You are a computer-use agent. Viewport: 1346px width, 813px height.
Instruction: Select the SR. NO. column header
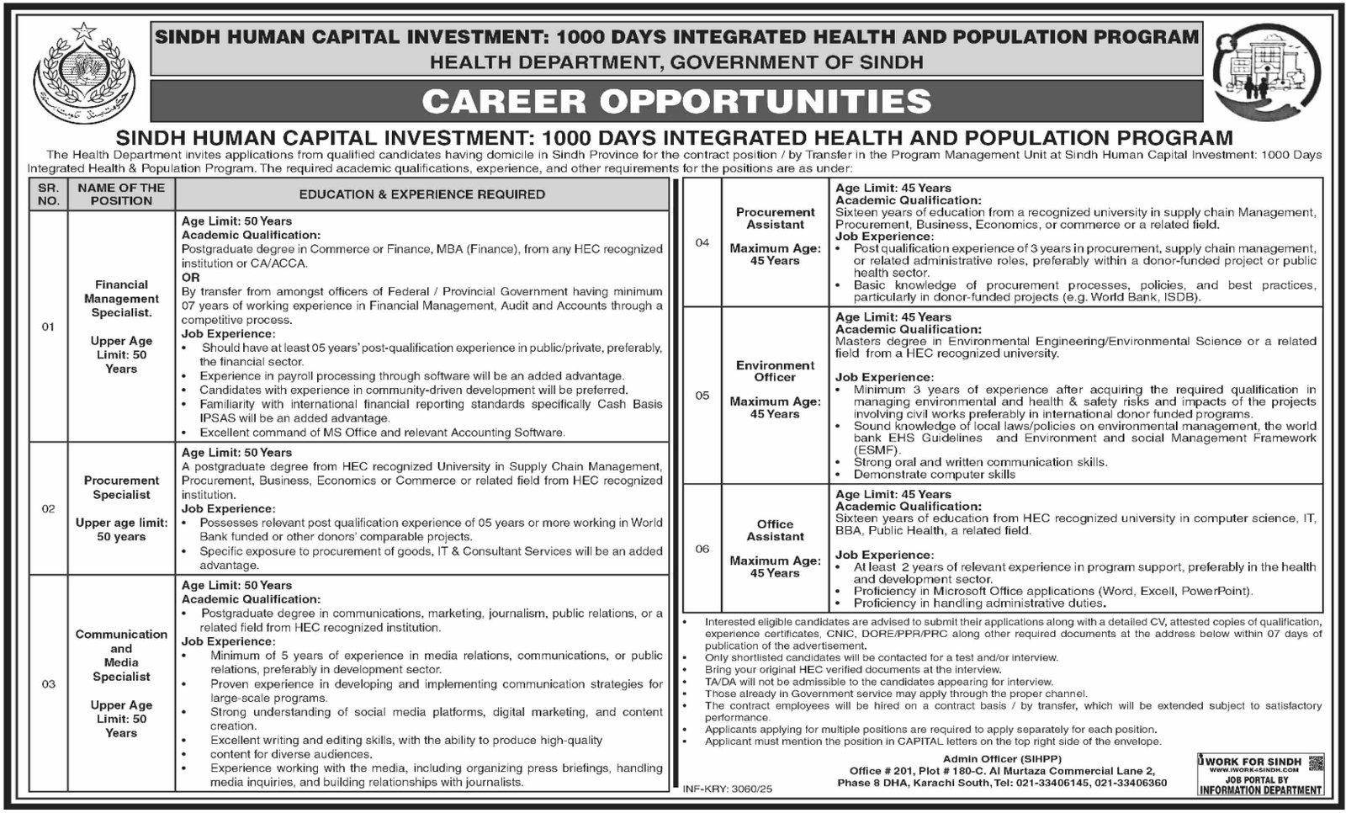click(48, 194)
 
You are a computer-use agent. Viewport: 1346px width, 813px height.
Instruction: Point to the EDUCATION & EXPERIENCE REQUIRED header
click(421, 194)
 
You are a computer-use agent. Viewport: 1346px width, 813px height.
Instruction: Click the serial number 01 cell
click(48, 327)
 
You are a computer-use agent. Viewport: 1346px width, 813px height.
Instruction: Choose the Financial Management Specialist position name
click(121, 299)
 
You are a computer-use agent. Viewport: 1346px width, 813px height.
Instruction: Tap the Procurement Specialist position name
click(121, 487)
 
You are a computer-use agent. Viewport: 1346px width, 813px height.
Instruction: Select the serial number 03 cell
click(48, 684)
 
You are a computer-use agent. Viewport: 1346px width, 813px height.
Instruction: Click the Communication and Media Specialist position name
click(121, 655)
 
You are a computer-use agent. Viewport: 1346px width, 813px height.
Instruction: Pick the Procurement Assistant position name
click(775, 218)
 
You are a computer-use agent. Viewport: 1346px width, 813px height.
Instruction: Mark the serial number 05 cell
click(702, 396)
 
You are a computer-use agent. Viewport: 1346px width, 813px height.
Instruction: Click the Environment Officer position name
click(775, 371)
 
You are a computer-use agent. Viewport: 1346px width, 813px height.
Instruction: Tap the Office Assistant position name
click(775, 530)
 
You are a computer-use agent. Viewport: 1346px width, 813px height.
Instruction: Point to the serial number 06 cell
click(702, 549)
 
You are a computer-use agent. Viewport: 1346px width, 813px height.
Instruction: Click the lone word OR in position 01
click(191, 277)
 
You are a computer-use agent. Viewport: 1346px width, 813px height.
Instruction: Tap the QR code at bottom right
click(1316, 764)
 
